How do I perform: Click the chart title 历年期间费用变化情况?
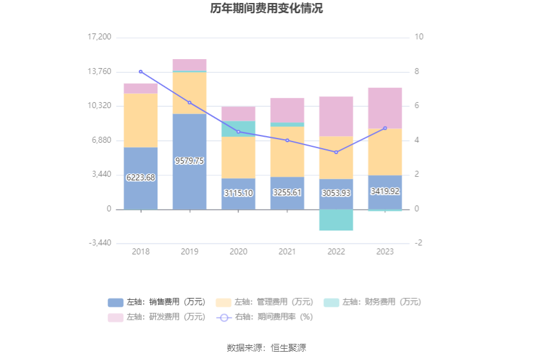[266, 8]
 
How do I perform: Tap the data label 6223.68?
[141, 177]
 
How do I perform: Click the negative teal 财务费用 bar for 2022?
[336, 220]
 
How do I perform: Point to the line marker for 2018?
[141, 72]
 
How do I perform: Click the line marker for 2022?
[336, 152]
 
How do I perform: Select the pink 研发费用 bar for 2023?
[385, 108]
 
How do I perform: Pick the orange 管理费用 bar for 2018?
[141, 120]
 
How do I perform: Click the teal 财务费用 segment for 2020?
[238, 129]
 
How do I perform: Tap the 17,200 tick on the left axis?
[100, 37]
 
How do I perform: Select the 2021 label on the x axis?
[287, 252]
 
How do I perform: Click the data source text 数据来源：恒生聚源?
[266, 347]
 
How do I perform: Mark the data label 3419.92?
[385, 192]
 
